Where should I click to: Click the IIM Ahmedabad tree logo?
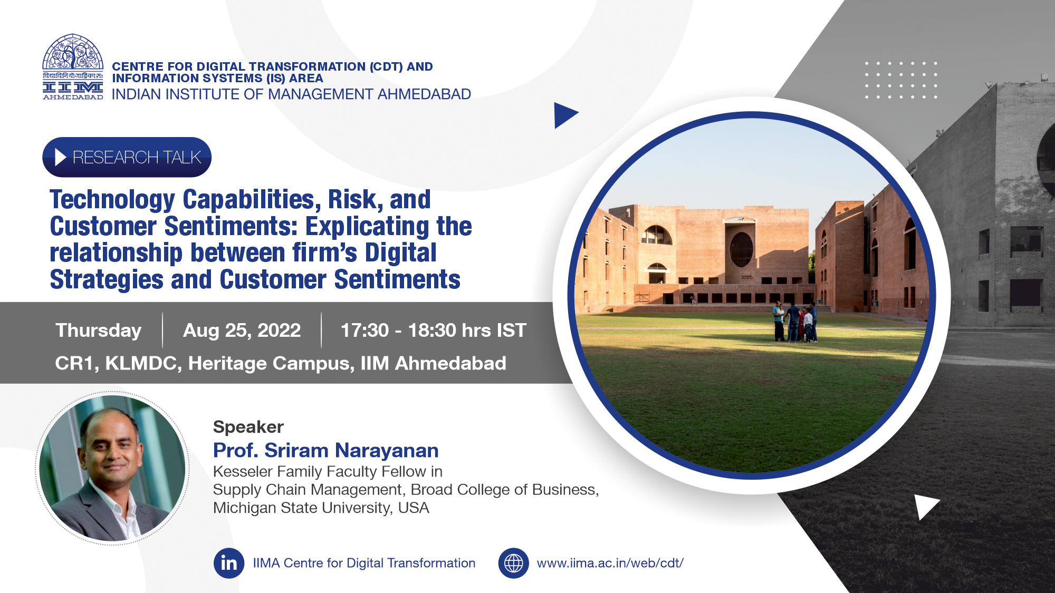(x=73, y=67)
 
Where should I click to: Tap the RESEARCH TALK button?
(x=127, y=157)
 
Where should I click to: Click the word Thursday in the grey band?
(x=99, y=330)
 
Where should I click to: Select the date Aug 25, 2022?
(x=242, y=330)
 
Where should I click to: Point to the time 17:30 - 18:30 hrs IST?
(x=434, y=330)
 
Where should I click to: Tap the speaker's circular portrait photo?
(x=112, y=468)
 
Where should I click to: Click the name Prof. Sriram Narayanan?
(x=325, y=450)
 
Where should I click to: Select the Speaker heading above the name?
(x=248, y=427)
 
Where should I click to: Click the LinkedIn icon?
(x=229, y=563)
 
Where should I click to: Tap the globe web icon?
(x=513, y=563)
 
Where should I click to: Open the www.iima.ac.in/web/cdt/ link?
(x=610, y=563)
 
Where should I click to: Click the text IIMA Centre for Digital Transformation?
(x=364, y=563)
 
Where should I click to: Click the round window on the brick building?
(x=741, y=249)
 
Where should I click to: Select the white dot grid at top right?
(x=901, y=80)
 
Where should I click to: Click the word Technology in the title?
(x=112, y=200)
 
